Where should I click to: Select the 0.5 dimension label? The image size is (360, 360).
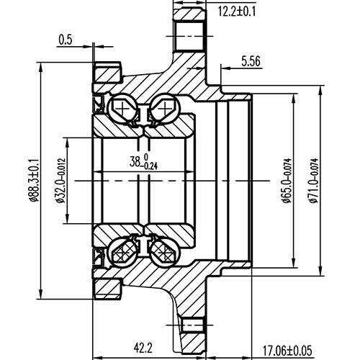66,40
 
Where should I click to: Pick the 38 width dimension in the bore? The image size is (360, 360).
143,161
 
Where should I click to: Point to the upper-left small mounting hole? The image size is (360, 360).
108,73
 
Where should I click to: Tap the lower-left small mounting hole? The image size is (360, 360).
108,288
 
